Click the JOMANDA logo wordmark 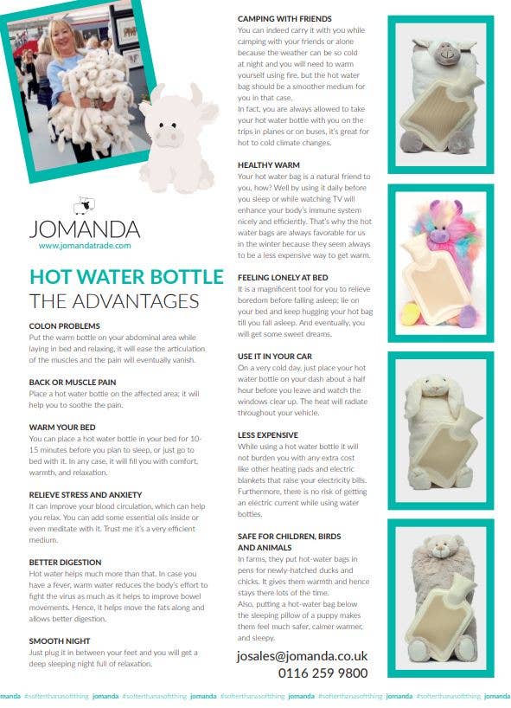(x=84, y=229)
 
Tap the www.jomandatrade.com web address (x=85, y=246)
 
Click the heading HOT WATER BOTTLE (x=126, y=277)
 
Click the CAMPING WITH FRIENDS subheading (x=284, y=18)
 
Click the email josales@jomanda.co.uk (x=302, y=656)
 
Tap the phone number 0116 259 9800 (x=323, y=673)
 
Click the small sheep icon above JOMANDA (x=84, y=205)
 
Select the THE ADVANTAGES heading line (x=114, y=300)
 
